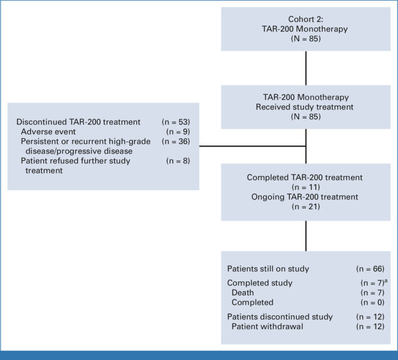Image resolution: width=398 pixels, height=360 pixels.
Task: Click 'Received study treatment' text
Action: (305, 107)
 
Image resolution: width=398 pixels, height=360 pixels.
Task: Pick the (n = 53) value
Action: (176, 122)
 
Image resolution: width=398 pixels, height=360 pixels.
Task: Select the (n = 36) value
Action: (176, 141)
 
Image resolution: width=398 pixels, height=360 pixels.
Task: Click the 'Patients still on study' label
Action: (268, 269)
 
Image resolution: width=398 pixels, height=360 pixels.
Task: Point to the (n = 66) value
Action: (370, 269)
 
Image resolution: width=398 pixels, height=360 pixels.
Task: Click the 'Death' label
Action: (242, 292)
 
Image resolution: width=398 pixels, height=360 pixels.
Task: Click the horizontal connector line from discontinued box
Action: (251, 146)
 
